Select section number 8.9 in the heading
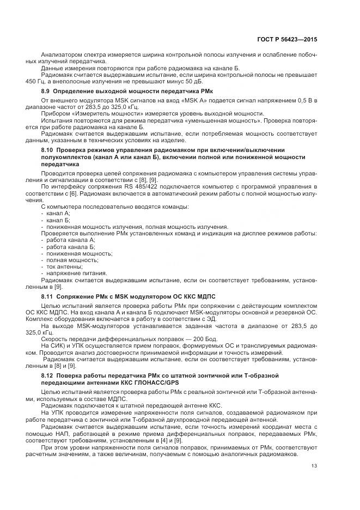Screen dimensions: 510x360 (x=46, y=90)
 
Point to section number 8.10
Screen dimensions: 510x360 (x=47, y=149)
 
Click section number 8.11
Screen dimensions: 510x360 (x=47, y=296)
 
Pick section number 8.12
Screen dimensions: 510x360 (x=47, y=375)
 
